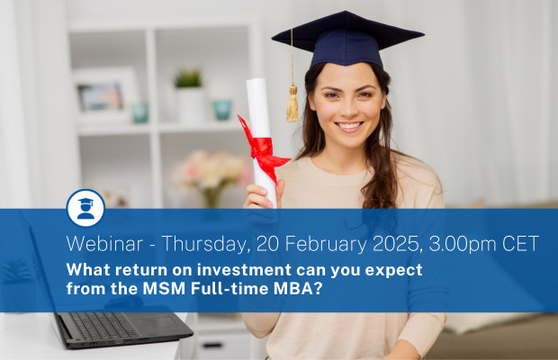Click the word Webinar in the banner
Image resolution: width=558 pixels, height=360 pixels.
pos(104,244)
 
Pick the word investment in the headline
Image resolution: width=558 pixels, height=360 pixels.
pos(244,270)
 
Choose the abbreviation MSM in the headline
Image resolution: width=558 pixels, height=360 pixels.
pos(164,289)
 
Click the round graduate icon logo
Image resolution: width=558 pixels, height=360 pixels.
pos(85,208)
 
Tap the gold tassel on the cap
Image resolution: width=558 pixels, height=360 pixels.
pos(292,103)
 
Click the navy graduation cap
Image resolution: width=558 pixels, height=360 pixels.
pos(347,40)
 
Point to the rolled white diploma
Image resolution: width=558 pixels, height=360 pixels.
pos(262,142)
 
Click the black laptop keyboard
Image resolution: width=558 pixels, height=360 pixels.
pos(103,326)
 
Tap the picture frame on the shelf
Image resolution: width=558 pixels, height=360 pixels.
pos(105,95)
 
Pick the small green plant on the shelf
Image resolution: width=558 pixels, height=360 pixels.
pos(188,78)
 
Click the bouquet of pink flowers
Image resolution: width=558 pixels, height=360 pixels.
pos(211,171)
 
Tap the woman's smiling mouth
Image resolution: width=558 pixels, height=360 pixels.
pos(349,126)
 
